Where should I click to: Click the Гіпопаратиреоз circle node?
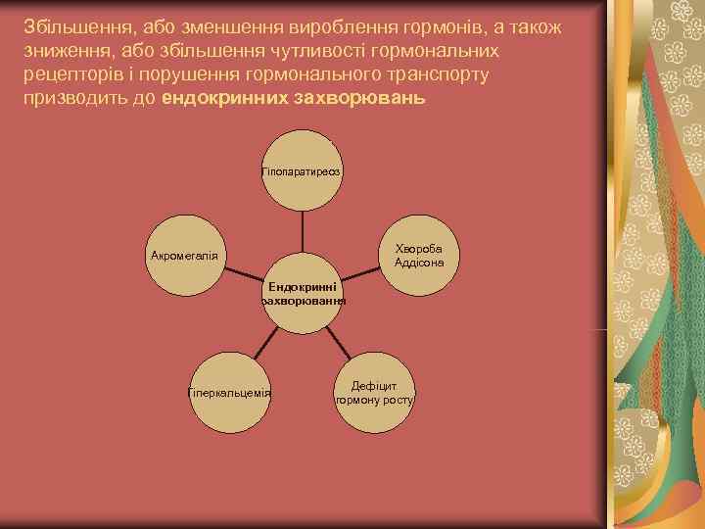pyautogui.click(x=302, y=171)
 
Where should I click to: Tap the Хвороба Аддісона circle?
pyautogui.click(x=419, y=256)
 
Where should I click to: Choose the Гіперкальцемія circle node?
pyautogui.click(x=229, y=393)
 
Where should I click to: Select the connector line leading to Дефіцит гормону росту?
pyautogui.click(x=338, y=343)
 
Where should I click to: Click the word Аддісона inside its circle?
pyautogui.click(x=419, y=263)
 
